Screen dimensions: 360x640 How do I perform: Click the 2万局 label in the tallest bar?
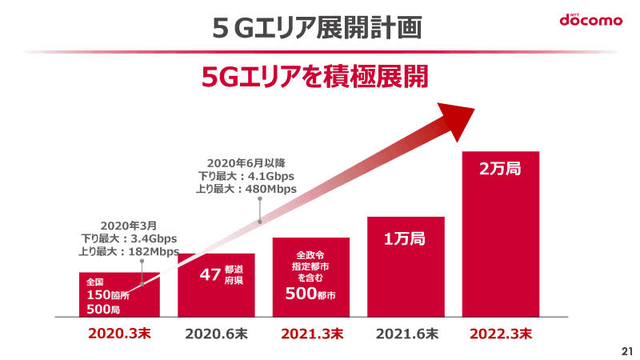click(500, 170)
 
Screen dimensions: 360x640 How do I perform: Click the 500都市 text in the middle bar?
click(310, 294)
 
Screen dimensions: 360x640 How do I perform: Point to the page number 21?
click(626, 351)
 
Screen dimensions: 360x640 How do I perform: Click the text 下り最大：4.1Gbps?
click(248, 175)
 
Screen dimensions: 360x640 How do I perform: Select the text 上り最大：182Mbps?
click(130, 251)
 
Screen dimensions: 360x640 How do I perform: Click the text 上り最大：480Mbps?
click(246, 189)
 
